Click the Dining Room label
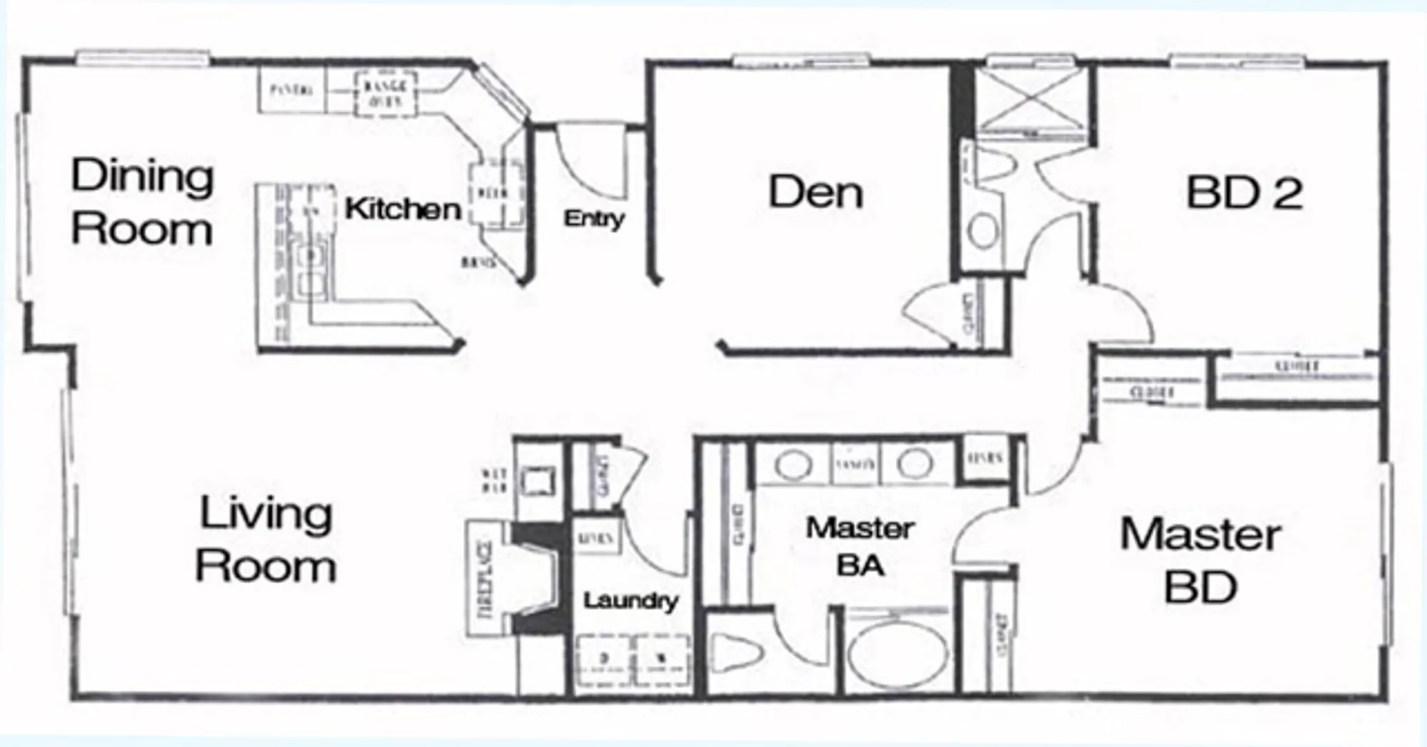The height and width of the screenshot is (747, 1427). pyautogui.click(x=143, y=203)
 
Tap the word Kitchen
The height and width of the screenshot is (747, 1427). pyautogui.click(x=402, y=209)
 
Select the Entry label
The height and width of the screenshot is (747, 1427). pyautogui.click(x=594, y=218)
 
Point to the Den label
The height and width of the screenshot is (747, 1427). pyautogui.click(x=816, y=193)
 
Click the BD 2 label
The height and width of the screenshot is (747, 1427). pyautogui.click(x=1244, y=193)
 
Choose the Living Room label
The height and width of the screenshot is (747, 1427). pyautogui.click(x=265, y=539)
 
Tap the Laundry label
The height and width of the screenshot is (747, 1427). pyautogui.click(x=630, y=601)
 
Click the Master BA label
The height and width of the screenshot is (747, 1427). pyautogui.click(x=860, y=547)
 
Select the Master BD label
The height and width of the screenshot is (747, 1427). pyautogui.click(x=1201, y=561)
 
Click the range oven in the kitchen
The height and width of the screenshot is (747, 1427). pyautogui.click(x=385, y=93)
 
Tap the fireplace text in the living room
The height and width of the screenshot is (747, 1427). pyautogui.click(x=485, y=579)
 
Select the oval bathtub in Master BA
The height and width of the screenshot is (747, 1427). pyautogui.click(x=900, y=655)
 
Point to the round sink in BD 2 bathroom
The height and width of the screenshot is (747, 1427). pyautogui.click(x=984, y=231)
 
